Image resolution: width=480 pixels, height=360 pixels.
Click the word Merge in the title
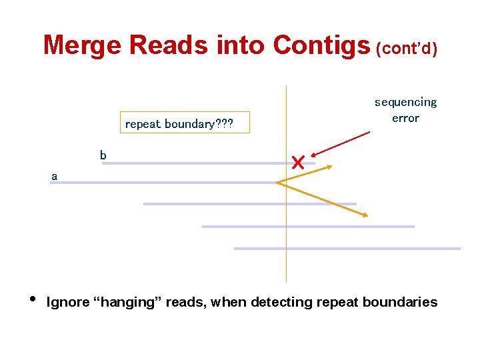tap(83, 45)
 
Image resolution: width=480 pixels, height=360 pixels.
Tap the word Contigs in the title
tap(321, 45)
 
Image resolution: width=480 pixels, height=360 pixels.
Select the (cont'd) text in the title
tap(407, 49)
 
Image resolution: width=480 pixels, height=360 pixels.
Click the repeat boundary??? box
tap(187, 123)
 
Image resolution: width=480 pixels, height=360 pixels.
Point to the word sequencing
tap(405, 102)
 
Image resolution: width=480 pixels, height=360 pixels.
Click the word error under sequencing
tap(405, 118)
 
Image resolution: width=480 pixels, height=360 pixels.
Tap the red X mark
tap(298, 161)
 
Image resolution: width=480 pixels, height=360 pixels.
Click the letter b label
tap(103, 155)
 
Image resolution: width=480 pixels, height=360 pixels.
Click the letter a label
tap(55, 177)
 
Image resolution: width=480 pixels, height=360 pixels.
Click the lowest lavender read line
tap(347, 249)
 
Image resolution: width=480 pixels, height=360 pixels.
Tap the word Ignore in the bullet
tap(68, 303)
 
